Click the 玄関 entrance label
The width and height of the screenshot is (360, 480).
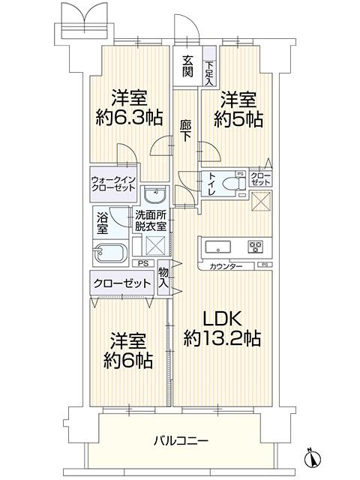coord(188,66)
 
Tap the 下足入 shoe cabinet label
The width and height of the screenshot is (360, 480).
coord(210,73)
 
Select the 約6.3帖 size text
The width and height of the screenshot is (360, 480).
coord(129,118)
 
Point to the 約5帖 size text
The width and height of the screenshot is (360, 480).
coord(238,119)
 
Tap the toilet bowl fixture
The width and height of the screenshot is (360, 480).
coord(233,184)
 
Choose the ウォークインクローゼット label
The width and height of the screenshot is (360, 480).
coord(113,184)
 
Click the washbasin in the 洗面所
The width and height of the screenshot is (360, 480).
coord(155,194)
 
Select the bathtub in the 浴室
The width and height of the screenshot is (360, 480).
coord(110,253)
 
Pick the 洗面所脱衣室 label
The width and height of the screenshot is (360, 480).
coord(151,220)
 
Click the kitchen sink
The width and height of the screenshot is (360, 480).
coord(218,247)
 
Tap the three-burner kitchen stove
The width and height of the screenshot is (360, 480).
coord(256,246)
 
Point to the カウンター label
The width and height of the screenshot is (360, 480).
coord(226,266)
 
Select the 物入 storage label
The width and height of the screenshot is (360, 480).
coord(163,277)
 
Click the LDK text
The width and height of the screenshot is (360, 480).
coord(223,319)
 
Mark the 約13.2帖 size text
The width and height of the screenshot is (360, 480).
coord(222,338)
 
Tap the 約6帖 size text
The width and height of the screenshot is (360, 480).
coord(128,360)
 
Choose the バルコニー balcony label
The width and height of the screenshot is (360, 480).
coord(181,441)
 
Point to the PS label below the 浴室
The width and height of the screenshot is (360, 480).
coord(142,263)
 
